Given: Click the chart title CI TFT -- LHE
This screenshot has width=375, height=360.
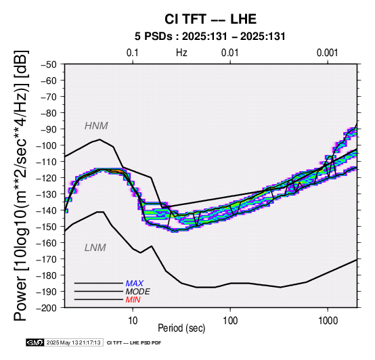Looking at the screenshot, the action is tap(211, 19).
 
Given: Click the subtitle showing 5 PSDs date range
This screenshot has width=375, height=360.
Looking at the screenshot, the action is tap(210, 37).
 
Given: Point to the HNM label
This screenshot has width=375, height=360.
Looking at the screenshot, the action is tap(96, 126).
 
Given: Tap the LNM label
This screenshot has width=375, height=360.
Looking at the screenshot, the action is tap(95, 248).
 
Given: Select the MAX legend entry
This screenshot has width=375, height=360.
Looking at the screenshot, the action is tap(135, 284).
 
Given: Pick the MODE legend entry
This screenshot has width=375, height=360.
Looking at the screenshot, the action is tap(138, 292).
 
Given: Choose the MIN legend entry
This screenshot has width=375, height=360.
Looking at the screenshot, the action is tap(133, 300).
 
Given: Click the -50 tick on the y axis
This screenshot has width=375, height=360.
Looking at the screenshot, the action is tap(49, 64).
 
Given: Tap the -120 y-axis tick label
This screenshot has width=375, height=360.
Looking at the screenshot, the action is tap(47, 178).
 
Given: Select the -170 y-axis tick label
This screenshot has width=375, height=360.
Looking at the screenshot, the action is tap(47, 259).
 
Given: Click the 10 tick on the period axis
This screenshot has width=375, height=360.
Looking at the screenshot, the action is tap(133, 320).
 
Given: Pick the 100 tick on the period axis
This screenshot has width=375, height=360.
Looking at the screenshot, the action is tap(230, 320).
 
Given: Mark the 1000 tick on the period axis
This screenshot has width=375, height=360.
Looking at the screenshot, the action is tap(328, 320).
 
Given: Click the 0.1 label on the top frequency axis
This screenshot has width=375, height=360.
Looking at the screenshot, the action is tap(133, 53).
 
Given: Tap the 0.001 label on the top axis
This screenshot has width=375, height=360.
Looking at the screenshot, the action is tap(328, 53).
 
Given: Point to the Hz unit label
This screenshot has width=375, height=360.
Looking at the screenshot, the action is tap(181, 53).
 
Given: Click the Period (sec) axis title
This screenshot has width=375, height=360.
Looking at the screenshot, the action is tap(181, 328).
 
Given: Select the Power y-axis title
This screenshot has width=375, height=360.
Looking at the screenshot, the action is tap(21, 185).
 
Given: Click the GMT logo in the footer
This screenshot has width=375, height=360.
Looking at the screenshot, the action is tap(35, 343).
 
